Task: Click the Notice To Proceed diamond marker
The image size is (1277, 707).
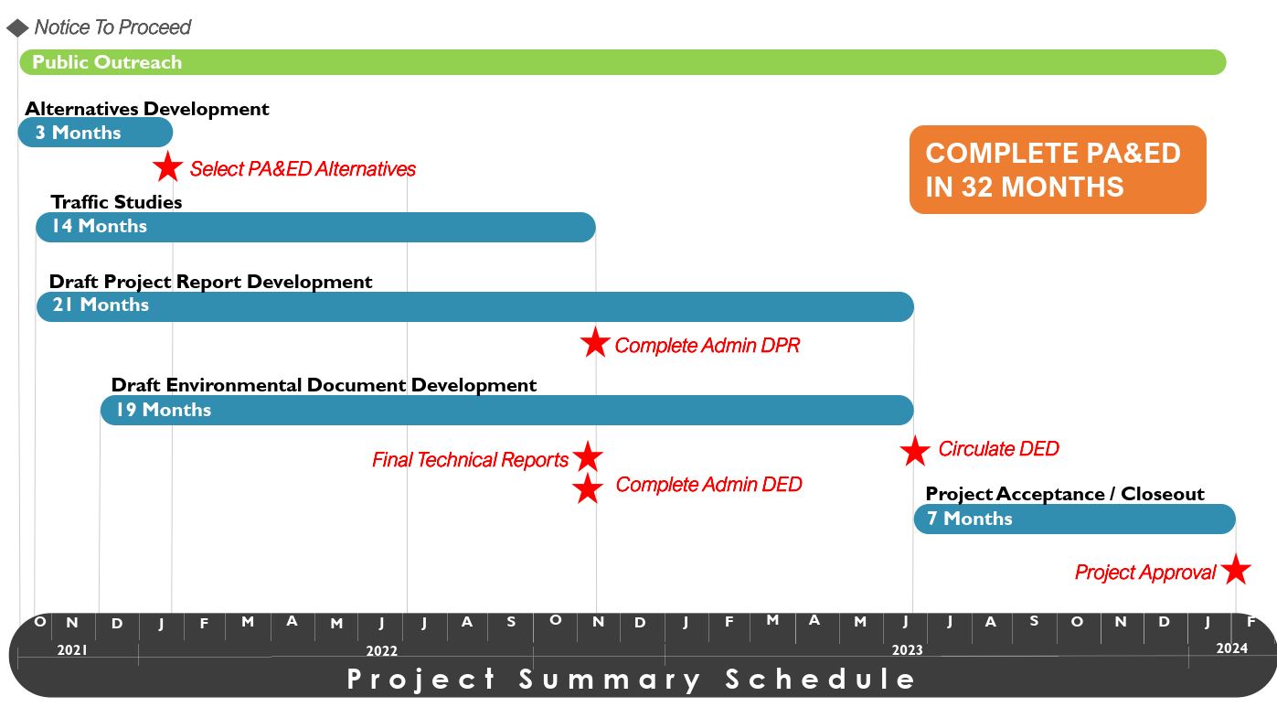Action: point(17,27)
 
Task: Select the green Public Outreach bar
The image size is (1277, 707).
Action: point(623,62)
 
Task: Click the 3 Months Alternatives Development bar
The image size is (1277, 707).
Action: point(95,133)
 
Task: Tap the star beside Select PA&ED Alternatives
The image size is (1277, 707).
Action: point(167,166)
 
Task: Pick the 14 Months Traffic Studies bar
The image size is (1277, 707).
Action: point(315,227)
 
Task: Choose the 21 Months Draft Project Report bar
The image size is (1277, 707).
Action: point(475,307)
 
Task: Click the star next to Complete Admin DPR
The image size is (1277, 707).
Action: point(595,342)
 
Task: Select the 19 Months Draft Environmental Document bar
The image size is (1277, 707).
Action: point(506,411)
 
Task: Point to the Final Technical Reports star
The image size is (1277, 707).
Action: point(588,456)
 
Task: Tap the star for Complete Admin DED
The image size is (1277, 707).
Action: point(588,488)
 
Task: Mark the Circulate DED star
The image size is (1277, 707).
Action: point(915,451)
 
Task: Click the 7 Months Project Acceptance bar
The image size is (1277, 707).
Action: point(1075,519)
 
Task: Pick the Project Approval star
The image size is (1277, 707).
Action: point(1236,569)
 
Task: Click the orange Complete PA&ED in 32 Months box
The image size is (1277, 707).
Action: point(1058,169)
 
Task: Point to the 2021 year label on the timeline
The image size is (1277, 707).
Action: point(72,650)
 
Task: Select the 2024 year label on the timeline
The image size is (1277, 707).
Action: point(1232,648)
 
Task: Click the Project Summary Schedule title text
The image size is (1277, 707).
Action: point(631,679)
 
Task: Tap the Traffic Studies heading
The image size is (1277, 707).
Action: point(116,202)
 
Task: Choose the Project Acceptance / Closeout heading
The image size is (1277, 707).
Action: point(1065,494)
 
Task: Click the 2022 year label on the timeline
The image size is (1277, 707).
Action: point(381,650)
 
